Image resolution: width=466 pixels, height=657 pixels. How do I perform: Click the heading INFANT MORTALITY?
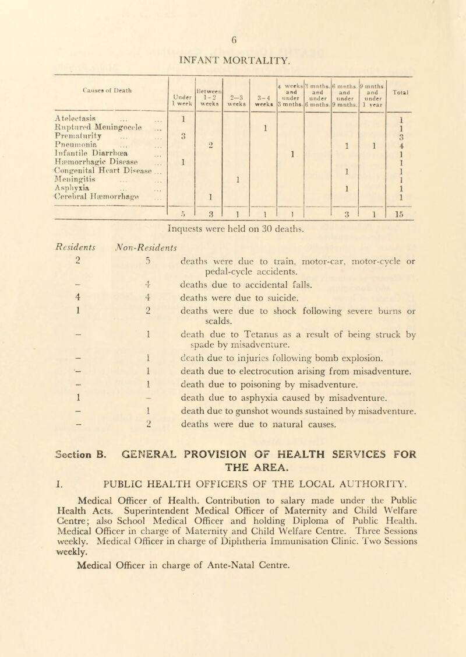coord(233,58)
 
